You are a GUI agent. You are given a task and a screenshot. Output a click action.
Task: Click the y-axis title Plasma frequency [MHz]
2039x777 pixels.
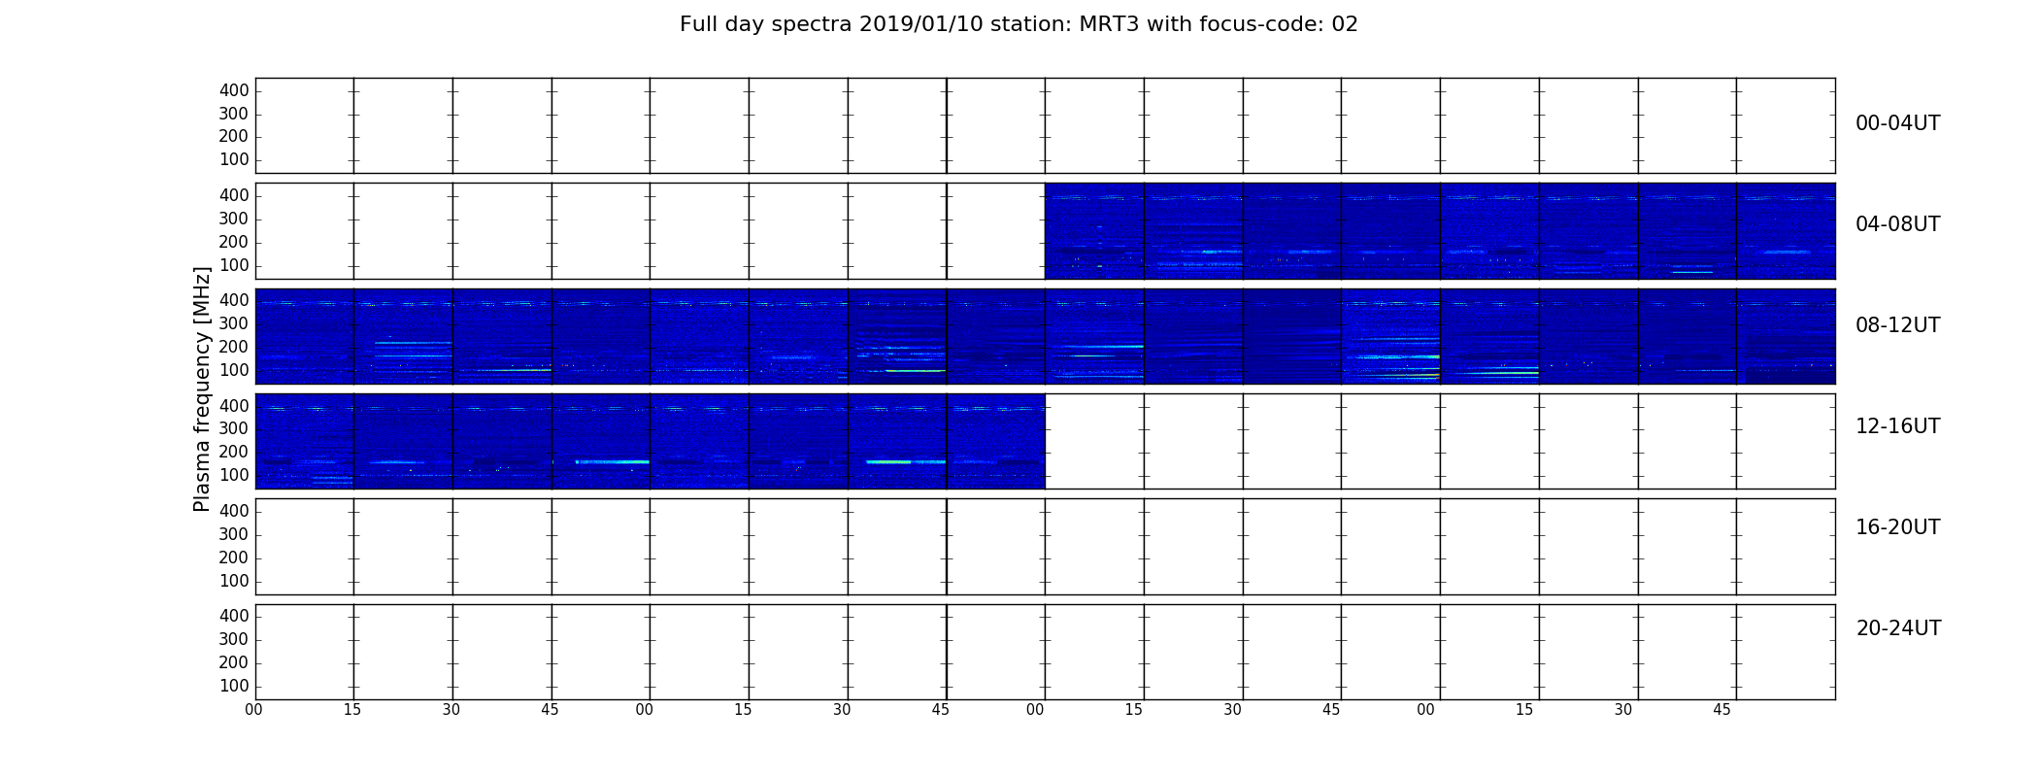coord(202,388)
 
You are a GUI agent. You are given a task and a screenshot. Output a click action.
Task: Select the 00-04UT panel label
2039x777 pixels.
coord(1898,123)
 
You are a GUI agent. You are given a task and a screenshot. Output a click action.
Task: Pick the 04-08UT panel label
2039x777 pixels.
coord(1898,224)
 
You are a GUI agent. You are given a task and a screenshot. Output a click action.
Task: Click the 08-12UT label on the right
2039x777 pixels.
coord(1898,325)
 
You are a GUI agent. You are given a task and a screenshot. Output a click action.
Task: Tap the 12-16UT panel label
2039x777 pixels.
coord(1898,426)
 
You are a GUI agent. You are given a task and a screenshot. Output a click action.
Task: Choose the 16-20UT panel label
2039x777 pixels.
coord(1898,527)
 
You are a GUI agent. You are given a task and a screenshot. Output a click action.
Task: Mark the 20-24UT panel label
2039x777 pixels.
coord(1898,628)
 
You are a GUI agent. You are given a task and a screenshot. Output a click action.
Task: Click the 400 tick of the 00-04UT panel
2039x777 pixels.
coord(234,91)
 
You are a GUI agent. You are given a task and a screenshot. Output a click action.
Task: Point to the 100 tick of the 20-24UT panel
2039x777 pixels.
coord(234,686)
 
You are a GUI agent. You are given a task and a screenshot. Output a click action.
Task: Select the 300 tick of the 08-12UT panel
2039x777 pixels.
coord(234,324)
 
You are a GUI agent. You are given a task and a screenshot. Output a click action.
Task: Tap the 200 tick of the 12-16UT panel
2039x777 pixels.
coord(234,453)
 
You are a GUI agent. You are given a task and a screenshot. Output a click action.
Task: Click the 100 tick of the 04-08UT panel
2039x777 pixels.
coord(234,266)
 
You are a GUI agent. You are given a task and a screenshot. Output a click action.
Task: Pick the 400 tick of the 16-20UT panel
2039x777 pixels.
coord(234,511)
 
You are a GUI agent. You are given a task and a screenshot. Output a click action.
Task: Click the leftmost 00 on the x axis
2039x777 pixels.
coord(253,710)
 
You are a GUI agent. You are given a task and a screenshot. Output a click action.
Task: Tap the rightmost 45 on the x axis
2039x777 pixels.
coord(1721,710)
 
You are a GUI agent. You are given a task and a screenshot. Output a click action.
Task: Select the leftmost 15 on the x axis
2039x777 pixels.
coord(352,710)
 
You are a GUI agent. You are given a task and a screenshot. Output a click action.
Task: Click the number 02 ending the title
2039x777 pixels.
coord(1345,24)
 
